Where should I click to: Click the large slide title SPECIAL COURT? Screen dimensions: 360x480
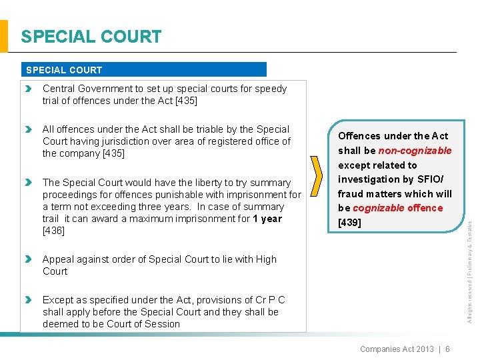click(x=91, y=37)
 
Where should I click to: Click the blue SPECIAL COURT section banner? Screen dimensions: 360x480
click(x=145, y=69)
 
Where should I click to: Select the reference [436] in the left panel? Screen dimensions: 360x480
click(x=53, y=231)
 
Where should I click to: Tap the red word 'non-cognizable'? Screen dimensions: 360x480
click(x=415, y=151)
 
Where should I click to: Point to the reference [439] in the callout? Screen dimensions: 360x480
click(x=350, y=223)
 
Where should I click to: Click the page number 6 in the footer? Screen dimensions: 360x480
click(x=447, y=349)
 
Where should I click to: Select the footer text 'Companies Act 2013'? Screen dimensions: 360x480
click(x=397, y=349)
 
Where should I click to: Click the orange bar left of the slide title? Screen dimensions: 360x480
click(x=4, y=36)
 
